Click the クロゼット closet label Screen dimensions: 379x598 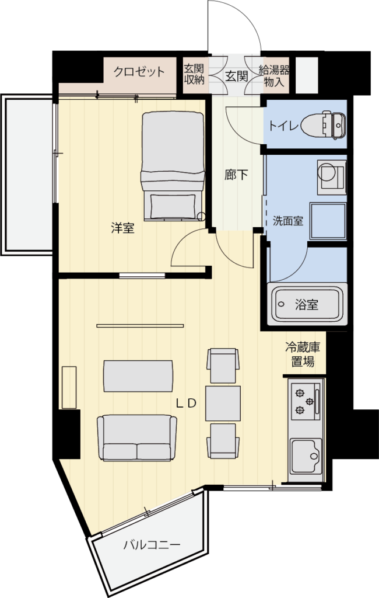[x=139, y=72]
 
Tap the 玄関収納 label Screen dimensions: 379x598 [x=194, y=74]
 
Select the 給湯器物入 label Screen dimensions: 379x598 [x=274, y=76]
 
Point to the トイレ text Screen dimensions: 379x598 [x=283, y=126]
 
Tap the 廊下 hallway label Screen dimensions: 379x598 [x=236, y=175]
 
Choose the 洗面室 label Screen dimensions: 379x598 [x=288, y=221]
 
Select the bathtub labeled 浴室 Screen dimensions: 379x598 [x=307, y=304]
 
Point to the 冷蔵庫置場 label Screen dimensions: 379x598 [x=303, y=354]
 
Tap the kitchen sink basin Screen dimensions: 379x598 [x=306, y=455]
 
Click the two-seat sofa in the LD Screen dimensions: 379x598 [x=137, y=437]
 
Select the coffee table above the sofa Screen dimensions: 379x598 [x=138, y=376]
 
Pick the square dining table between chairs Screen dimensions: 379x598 [x=223, y=403]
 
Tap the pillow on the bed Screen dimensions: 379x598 [x=173, y=206]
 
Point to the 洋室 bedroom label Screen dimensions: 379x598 [x=122, y=228]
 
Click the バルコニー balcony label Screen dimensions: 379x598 [x=152, y=545]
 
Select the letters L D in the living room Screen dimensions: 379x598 [x=186, y=404]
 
